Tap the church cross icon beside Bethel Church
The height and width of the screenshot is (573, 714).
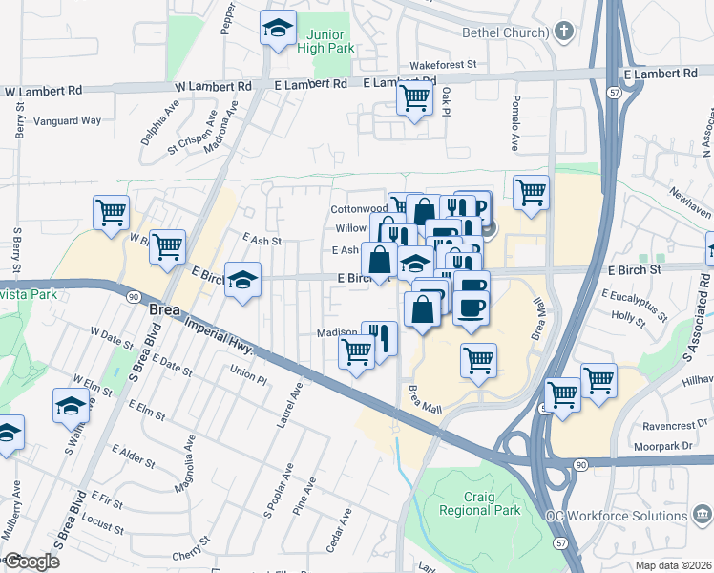[564, 32]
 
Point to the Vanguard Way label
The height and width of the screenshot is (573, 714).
[68, 121]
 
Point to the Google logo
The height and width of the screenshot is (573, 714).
[31, 562]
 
